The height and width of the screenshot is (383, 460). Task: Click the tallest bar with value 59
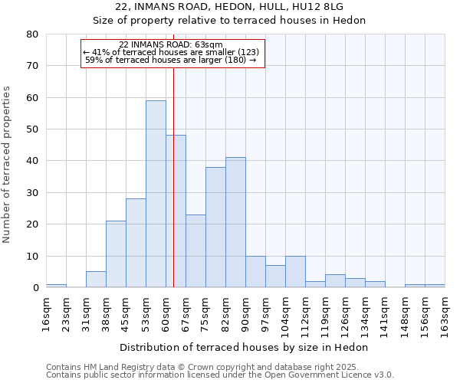point(156,194)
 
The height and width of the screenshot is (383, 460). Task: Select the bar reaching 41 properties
point(235,222)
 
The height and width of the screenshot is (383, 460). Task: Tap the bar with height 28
point(136,243)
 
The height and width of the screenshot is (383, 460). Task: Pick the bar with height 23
point(195,251)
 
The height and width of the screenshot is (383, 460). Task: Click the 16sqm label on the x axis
point(46,313)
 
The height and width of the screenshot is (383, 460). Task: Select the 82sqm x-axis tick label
point(225,313)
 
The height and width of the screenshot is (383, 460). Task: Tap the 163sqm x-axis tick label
point(445,313)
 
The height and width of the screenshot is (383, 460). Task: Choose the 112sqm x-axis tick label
point(305,315)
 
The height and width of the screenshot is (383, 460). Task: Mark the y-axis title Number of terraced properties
point(7,164)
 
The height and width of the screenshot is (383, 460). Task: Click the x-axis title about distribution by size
point(245,347)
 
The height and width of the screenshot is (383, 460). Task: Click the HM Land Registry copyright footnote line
point(219,367)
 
